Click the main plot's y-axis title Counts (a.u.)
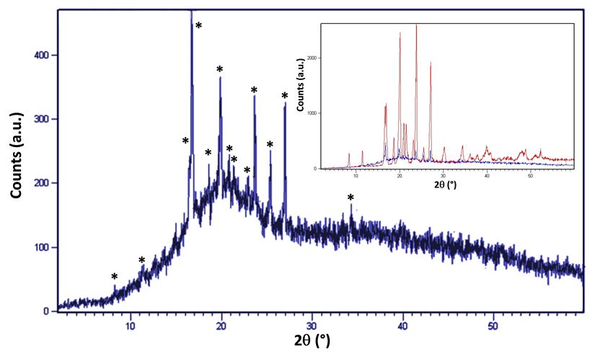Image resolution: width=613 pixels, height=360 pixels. pyautogui.click(x=16, y=155)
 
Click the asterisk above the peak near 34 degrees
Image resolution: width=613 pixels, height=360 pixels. pyautogui.click(x=350, y=198)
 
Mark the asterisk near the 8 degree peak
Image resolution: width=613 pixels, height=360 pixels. pyautogui.click(x=114, y=277)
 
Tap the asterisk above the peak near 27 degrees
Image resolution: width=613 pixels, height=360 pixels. pyautogui.click(x=285, y=96)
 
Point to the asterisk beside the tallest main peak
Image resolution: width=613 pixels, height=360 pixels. pyautogui.click(x=198, y=26)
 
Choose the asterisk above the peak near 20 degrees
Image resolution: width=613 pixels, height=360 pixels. pyautogui.click(x=219, y=69)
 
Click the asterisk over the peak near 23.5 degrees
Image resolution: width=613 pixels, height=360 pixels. pyautogui.click(x=254, y=90)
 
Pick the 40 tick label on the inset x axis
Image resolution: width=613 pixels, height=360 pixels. pyautogui.click(x=487, y=175)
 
